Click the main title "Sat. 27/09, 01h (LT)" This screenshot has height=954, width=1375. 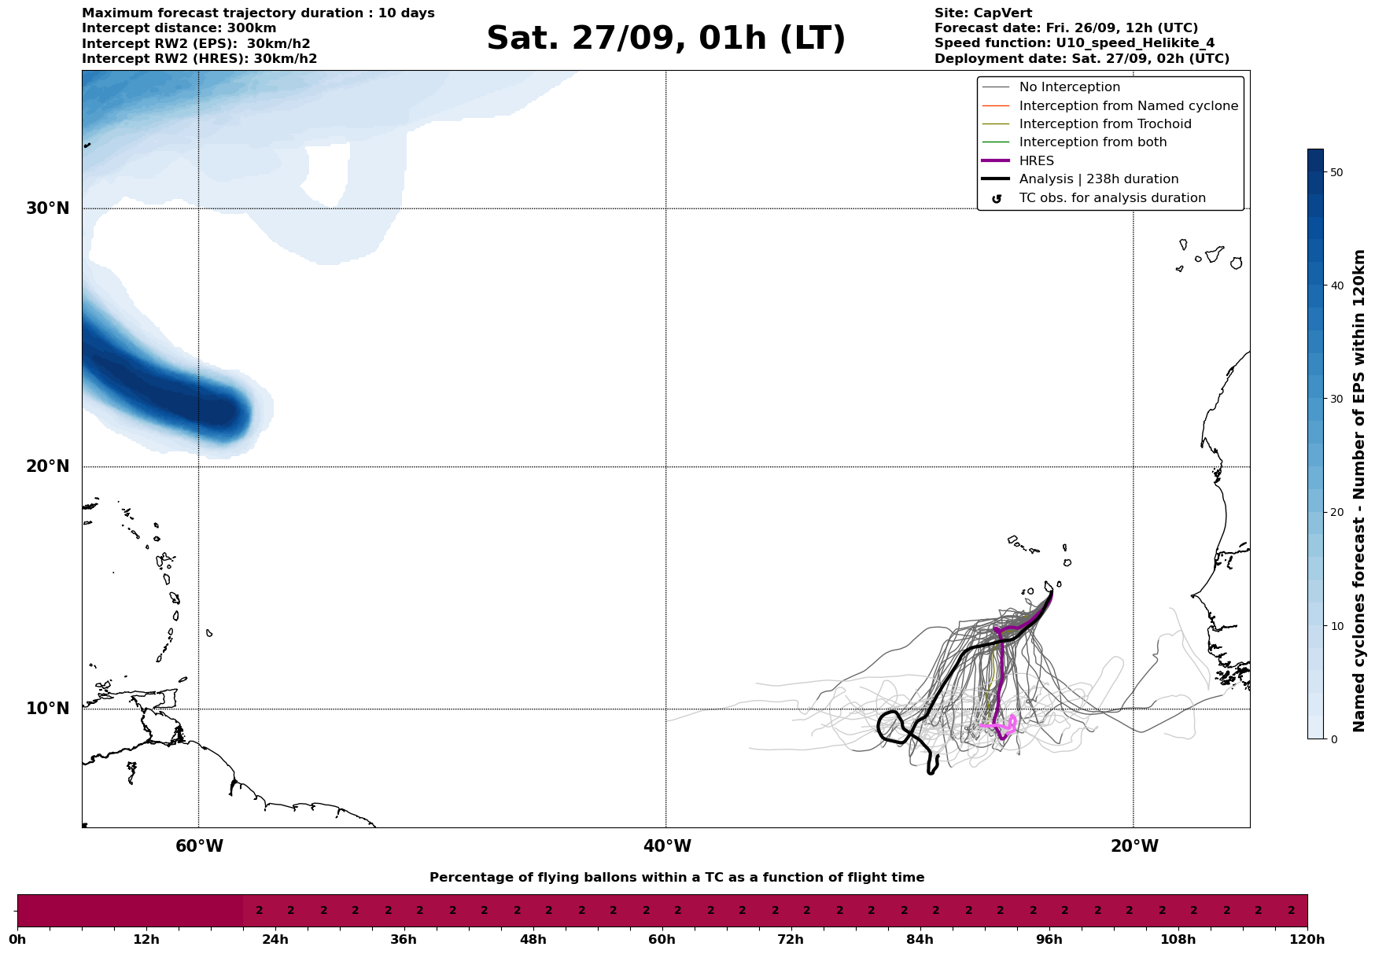[665, 39]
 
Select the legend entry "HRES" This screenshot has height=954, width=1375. [1036, 161]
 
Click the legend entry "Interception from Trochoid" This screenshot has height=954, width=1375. [1104, 124]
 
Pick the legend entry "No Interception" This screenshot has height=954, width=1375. [1069, 87]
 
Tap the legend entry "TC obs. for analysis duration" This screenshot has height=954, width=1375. [1111, 198]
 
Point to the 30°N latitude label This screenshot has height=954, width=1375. [48, 208]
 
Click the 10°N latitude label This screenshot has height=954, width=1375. [48, 709]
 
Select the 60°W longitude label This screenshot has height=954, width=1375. [199, 846]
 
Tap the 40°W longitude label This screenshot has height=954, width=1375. [667, 846]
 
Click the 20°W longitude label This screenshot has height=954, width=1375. [1134, 846]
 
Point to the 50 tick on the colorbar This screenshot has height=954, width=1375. [1336, 172]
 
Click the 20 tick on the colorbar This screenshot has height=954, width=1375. [1336, 513]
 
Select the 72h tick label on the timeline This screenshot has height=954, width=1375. [791, 940]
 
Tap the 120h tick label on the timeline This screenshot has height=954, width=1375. [1307, 940]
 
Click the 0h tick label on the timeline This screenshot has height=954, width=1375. [17, 940]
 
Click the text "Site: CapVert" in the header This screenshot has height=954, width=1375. [982, 13]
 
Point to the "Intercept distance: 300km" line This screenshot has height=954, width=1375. [179, 28]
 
